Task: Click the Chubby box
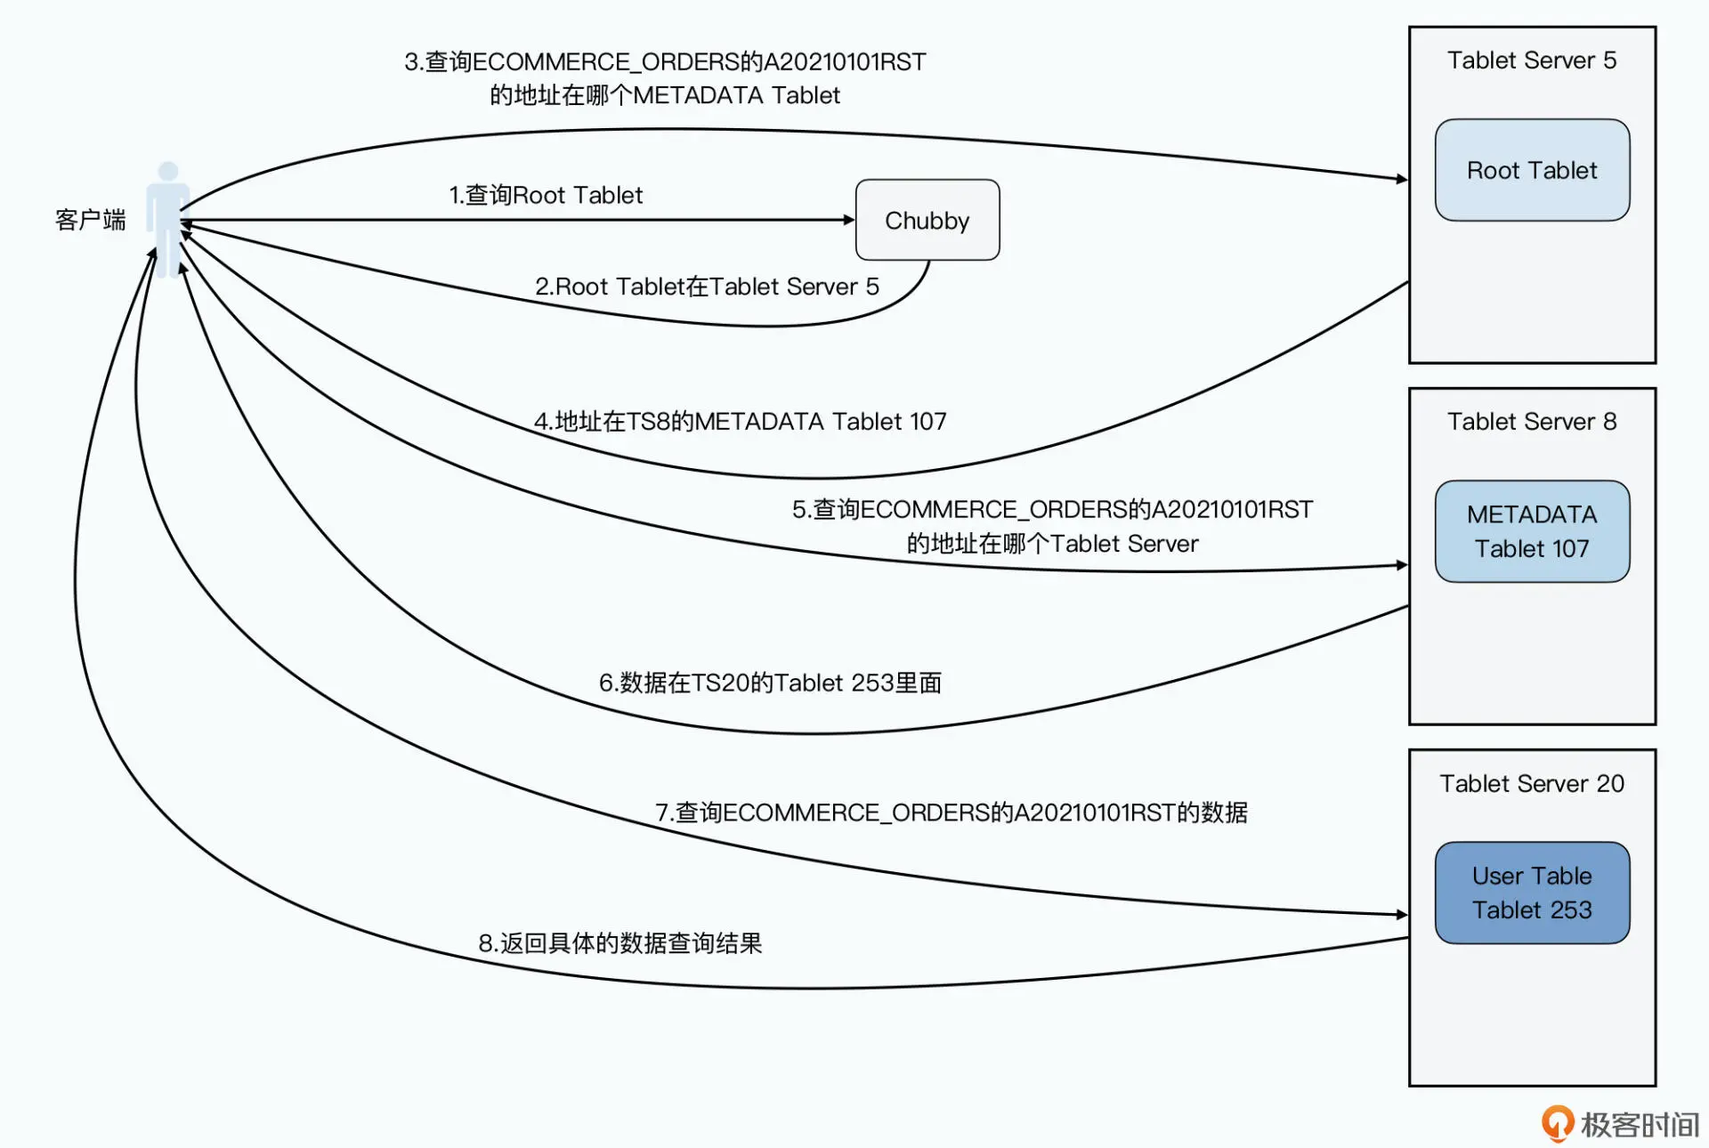click(x=927, y=220)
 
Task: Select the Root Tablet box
click(x=1531, y=170)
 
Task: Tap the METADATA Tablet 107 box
click(x=1531, y=531)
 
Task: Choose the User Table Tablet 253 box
click(x=1531, y=893)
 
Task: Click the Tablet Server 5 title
click(x=1531, y=61)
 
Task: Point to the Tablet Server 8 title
click(x=1531, y=422)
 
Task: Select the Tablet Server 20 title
click(x=1531, y=783)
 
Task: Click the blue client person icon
click(x=167, y=218)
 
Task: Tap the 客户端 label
click(x=90, y=220)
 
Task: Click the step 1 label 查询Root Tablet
click(x=545, y=195)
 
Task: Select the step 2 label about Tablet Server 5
click(x=707, y=287)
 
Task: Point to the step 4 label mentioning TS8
click(x=740, y=421)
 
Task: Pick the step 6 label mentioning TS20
click(x=770, y=683)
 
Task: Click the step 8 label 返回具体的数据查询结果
click(x=620, y=943)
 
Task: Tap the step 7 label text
click(x=951, y=812)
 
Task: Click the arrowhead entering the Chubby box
click(x=849, y=220)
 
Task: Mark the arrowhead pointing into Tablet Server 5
click(x=1402, y=179)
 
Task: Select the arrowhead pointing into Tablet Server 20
click(x=1402, y=914)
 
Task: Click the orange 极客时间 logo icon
click(x=1557, y=1123)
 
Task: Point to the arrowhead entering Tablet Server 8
click(x=1402, y=565)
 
